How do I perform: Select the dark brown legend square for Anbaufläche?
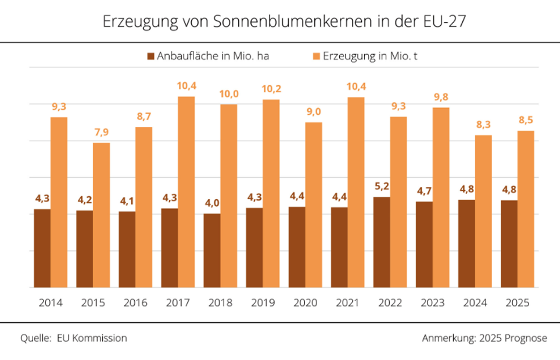point(151,56)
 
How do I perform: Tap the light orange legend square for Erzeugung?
point(317,56)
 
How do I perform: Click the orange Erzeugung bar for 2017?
point(186,192)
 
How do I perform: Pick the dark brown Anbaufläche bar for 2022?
point(382,242)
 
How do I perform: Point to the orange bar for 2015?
point(102,215)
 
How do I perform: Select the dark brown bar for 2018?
point(212,250)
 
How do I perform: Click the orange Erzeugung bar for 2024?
point(483,211)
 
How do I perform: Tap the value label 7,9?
point(101,132)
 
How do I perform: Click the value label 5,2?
point(381,187)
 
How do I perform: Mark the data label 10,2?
point(271,89)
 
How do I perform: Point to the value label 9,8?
point(440,97)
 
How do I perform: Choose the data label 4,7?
point(423,192)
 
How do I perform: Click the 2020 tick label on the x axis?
point(306,303)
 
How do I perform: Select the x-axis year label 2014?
point(51,303)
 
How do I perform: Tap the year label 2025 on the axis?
point(518,303)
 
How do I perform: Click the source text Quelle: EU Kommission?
point(73,338)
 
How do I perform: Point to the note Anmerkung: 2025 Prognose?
point(484,338)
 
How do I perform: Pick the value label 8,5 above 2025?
point(526,120)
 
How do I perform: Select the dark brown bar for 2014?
point(42,248)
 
